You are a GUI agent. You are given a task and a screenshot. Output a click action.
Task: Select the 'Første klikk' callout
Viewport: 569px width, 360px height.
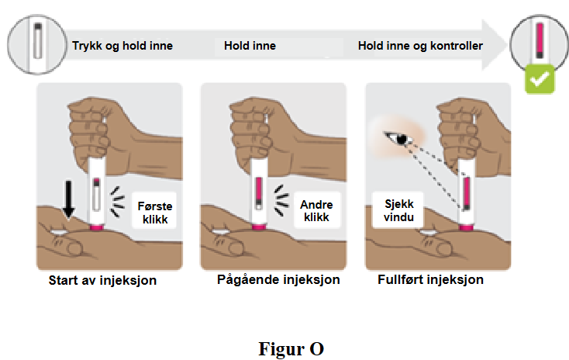(x=153, y=209)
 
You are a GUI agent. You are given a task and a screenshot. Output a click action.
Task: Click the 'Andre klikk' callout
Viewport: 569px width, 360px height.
(x=315, y=210)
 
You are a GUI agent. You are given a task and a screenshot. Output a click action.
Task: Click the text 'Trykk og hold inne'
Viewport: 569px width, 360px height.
(x=122, y=46)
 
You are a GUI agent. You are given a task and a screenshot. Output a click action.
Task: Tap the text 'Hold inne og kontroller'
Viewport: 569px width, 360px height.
(x=420, y=46)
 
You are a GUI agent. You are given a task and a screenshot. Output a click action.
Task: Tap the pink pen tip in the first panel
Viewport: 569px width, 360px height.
(x=97, y=228)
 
